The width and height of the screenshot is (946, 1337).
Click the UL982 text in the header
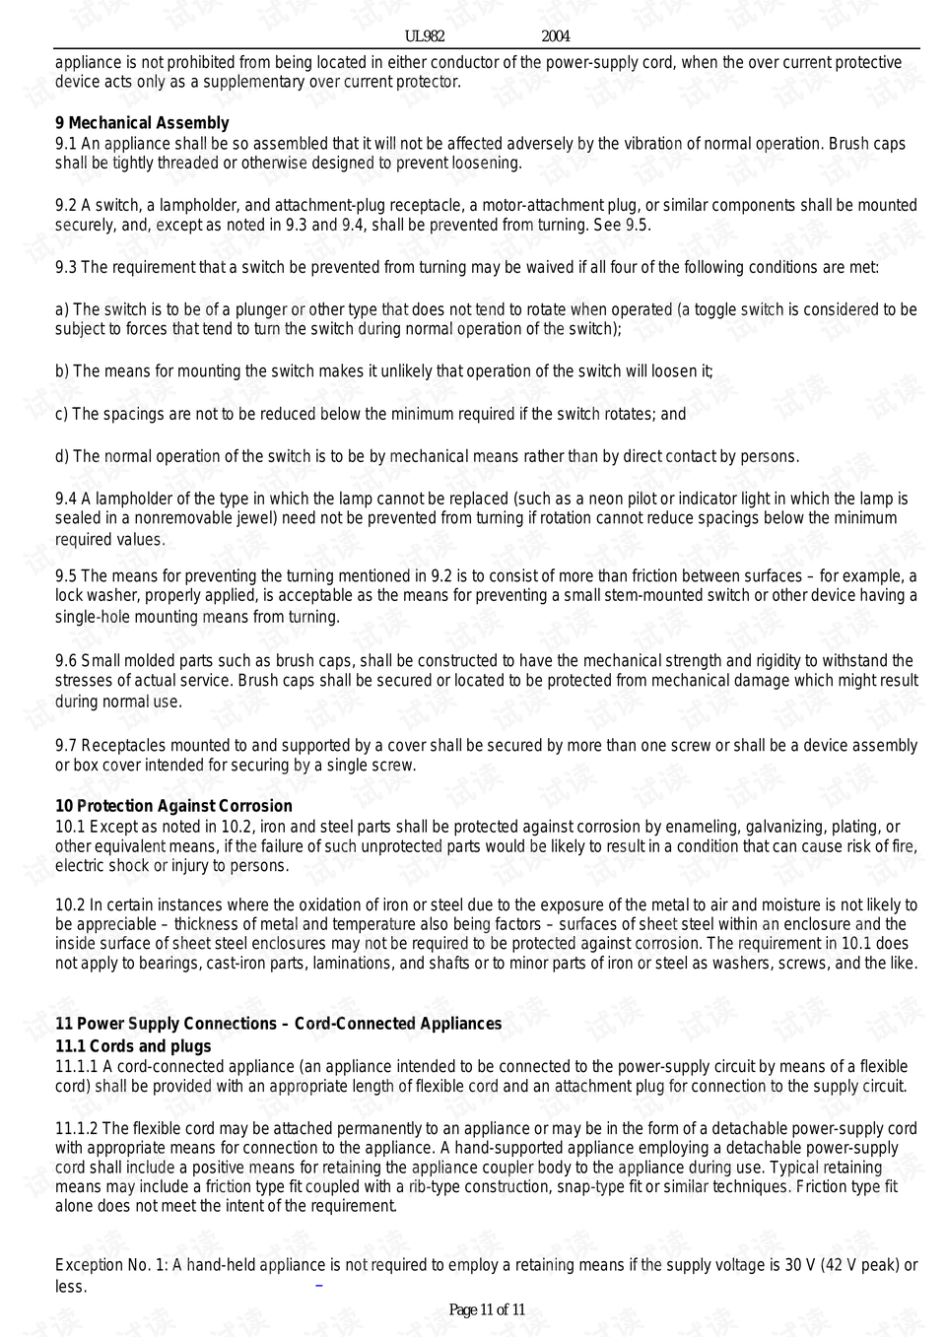click(425, 36)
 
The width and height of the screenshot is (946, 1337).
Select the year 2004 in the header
click(556, 36)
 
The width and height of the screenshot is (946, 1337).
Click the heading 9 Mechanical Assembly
click(142, 123)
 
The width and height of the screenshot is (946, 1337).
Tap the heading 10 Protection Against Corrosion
click(173, 806)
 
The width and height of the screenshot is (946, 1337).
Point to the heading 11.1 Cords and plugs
click(133, 1046)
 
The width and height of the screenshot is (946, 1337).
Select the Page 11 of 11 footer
click(487, 1309)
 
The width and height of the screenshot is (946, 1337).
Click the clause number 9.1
click(65, 144)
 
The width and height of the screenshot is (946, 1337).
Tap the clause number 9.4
click(66, 499)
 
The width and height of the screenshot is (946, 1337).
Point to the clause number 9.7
click(66, 746)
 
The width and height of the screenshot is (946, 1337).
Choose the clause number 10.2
click(70, 904)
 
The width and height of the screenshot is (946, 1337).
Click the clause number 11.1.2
click(77, 1128)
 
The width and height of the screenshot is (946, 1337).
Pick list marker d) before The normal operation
click(62, 456)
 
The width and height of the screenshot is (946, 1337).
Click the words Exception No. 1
click(110, 1265)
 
